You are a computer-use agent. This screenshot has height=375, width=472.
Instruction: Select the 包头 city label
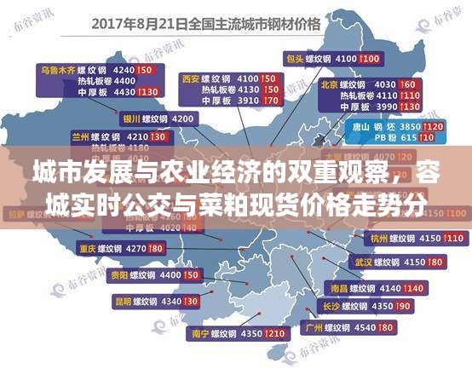point(295,58)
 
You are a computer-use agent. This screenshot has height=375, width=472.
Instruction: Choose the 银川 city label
point(131,118)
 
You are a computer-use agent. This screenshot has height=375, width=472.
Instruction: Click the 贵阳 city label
point(119,276)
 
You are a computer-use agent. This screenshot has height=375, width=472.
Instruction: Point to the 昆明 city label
point(124,301)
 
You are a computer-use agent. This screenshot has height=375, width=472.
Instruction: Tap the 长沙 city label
point(331,306)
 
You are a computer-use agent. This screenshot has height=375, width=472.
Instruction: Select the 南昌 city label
point(338,289)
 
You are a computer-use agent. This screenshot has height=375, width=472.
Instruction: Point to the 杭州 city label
point(378,237)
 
